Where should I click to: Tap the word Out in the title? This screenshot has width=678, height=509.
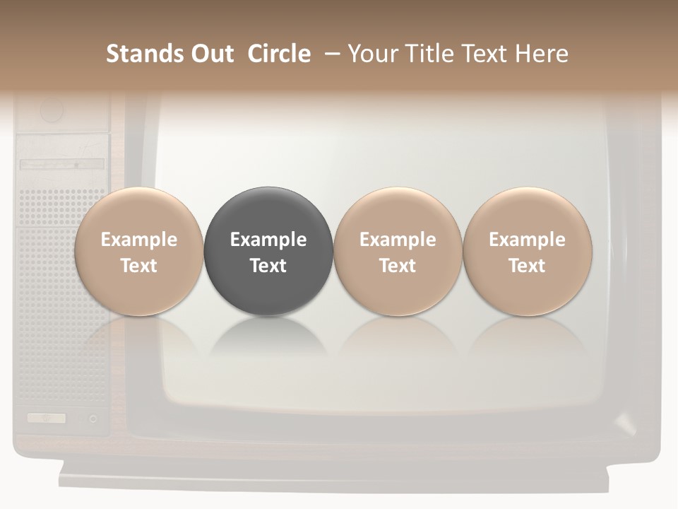[x=210, y=54]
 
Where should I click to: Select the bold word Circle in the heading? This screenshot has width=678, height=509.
[x=279, y=54]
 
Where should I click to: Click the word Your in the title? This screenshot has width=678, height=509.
[x=370, y=54]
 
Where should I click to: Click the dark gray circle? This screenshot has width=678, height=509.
[x=268, y=252]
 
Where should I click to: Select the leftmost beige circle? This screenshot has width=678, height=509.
[x=138, y=252]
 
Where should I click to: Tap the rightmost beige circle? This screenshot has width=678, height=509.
[x=528, y=252]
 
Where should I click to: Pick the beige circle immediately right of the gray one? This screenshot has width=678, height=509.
[x=398, y=252]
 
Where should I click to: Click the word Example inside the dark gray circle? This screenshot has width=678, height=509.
[x=268, y=240]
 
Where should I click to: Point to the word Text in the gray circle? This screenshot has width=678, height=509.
[x=268, y=266]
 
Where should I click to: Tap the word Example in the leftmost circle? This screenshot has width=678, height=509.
[x=138, y=240]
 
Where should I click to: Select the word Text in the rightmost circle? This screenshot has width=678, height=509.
[x=528, y=266]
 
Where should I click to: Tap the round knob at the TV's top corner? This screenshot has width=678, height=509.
[x=52, y=110]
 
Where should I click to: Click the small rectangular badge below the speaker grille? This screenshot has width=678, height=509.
[x=46, y=418]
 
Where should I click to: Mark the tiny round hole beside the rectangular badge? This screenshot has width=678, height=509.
[x=93, y=419]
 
